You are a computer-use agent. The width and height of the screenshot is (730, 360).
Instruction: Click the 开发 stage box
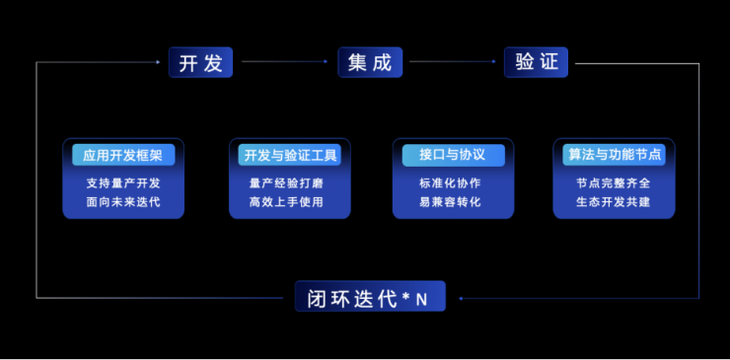point(200,62)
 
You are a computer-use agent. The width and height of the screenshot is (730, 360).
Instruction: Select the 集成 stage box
point(370,62)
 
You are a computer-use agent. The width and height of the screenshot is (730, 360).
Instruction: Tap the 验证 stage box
point(537,62)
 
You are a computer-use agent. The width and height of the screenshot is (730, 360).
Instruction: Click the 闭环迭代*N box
point(370,296)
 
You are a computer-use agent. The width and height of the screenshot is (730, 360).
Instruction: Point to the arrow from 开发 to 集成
point(285,62)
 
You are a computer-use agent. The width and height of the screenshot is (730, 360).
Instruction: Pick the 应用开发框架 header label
point(123,155)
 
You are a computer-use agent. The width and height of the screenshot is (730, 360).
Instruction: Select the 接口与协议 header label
point(453,155)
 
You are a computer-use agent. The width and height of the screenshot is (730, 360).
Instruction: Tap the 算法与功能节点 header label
point(614,155)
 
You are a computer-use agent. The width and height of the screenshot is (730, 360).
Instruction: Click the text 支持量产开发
point(123,182)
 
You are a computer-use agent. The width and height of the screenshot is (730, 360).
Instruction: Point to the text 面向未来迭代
point(123,202)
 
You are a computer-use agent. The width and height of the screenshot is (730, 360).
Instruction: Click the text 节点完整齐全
point(614,182)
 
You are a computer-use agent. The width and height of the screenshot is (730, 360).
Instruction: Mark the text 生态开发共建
point(614,202)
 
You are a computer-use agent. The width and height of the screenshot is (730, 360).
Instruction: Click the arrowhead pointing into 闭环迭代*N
point(461,297)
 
